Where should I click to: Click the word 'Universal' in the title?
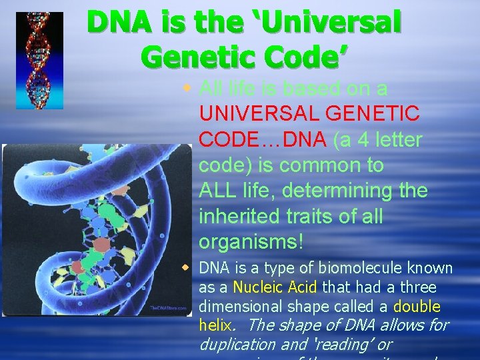[x=331, y=23]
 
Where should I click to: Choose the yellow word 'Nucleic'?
[x=257, y=287]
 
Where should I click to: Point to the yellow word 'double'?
[x=417, y=307]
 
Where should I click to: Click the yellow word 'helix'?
[x=214, y=326]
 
